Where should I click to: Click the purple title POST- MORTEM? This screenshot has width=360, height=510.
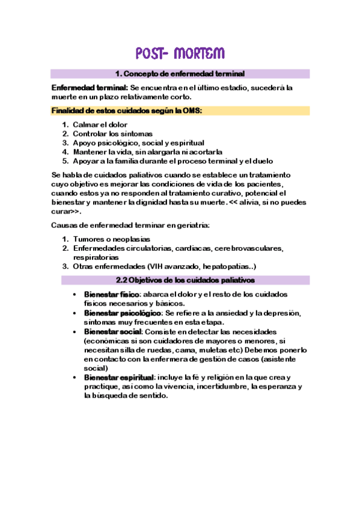click(x=180, y=54)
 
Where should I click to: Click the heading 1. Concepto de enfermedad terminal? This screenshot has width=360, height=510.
click(x=180, y=74)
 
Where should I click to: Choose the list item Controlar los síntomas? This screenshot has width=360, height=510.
click(x=112, y=134)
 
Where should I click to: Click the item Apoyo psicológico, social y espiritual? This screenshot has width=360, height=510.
click(x=138, y=143)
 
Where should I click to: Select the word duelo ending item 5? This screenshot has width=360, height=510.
click(x=261, y=161)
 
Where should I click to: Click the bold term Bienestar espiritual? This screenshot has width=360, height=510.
click(x=118, y=377)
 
